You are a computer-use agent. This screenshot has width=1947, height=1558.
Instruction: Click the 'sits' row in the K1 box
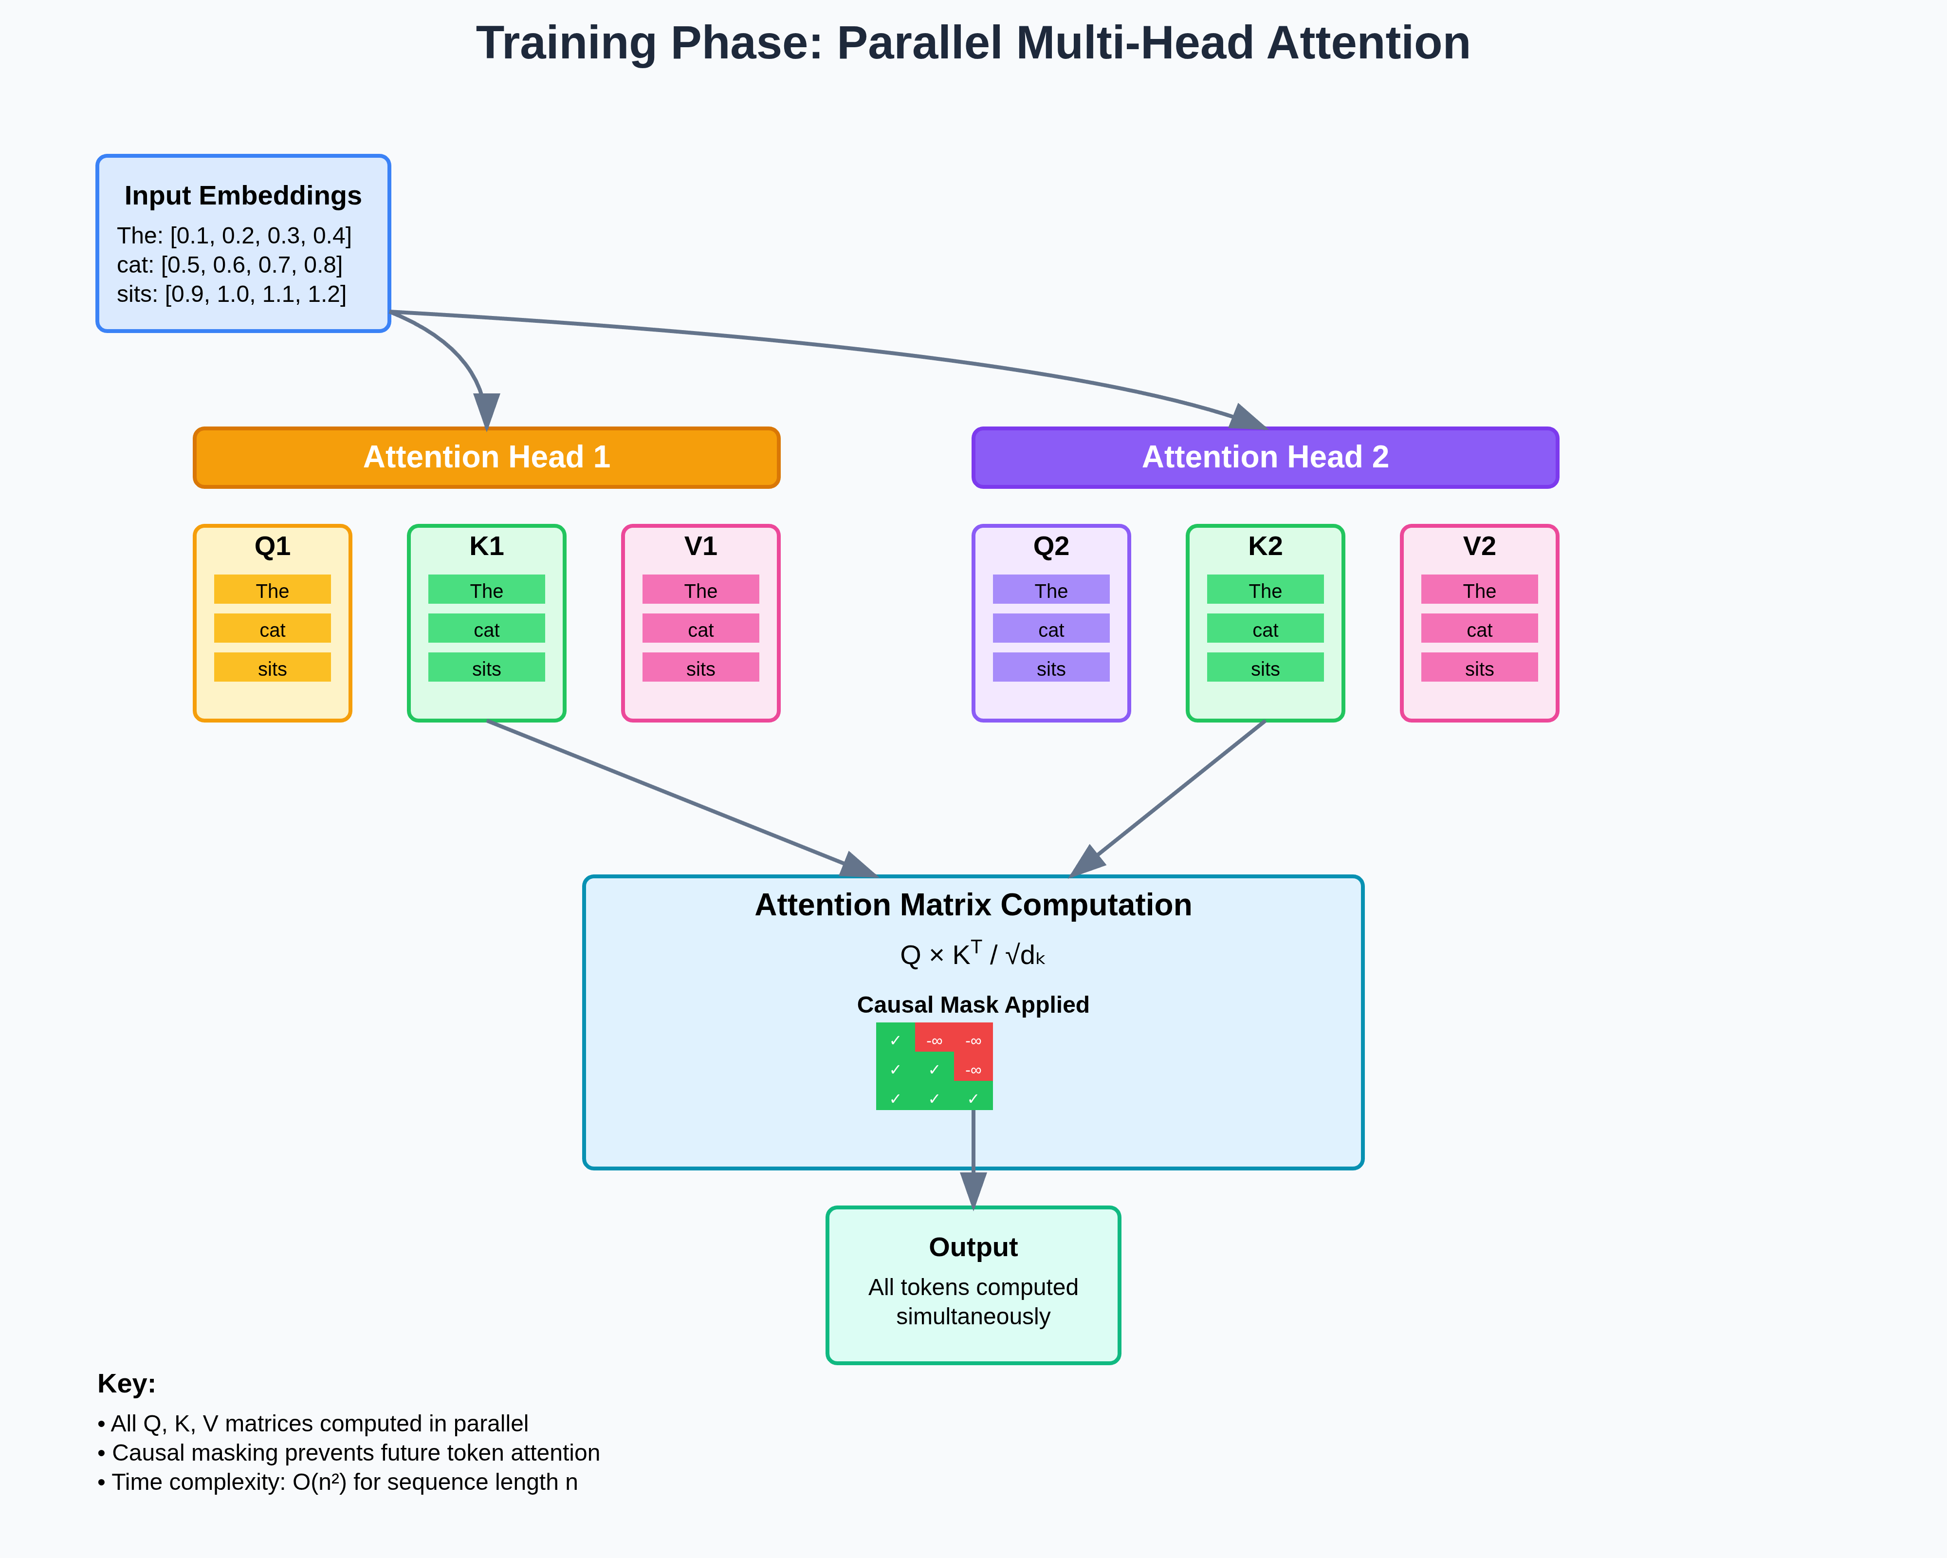click(487, 668)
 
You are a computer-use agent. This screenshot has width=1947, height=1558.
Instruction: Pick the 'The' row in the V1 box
click(701, 590)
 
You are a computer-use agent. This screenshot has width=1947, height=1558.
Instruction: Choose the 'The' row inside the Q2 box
click(1051, 590)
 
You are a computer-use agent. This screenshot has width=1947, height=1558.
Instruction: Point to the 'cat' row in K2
click(1265, 629)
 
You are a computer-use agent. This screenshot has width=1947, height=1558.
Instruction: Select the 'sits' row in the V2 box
click(1479, 668)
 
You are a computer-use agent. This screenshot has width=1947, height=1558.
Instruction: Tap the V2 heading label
click(1479, 546)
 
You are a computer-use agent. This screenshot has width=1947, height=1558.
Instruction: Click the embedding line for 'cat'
click(229, 265)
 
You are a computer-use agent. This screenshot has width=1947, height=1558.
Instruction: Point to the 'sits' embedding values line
click(231, 295)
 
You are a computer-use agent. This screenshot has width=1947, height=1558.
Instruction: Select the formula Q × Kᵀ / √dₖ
click(973, 954)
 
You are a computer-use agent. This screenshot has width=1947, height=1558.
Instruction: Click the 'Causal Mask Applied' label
click(973, 1005)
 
